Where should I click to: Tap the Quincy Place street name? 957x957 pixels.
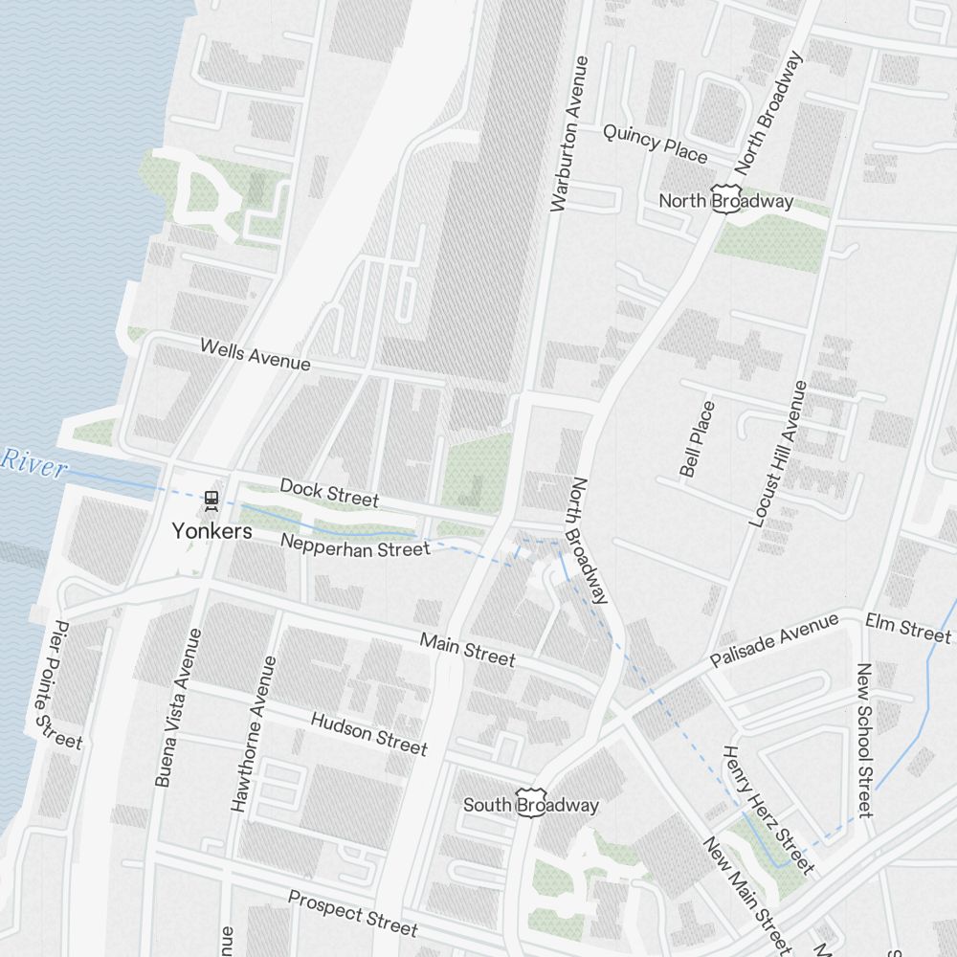click(x=655, y=143)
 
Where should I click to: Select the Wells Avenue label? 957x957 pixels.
click(x=255, y=354)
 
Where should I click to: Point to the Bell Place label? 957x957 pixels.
click(x=697, y=439)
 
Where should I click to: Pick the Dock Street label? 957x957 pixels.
click(x=329, y=493)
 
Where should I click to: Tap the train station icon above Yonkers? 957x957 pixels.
click(x=211, y=500)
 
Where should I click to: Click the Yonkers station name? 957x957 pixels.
click(x=211, y=531)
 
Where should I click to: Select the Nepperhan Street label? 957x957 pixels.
click(x=355, y=548)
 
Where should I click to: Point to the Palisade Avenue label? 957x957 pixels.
click(x=774, y=640)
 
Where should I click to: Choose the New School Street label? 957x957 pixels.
click(x=865, y=740)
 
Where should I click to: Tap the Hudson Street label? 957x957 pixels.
click(x=368, y=733)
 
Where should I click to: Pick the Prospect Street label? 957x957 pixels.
click(x=352, y=914)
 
